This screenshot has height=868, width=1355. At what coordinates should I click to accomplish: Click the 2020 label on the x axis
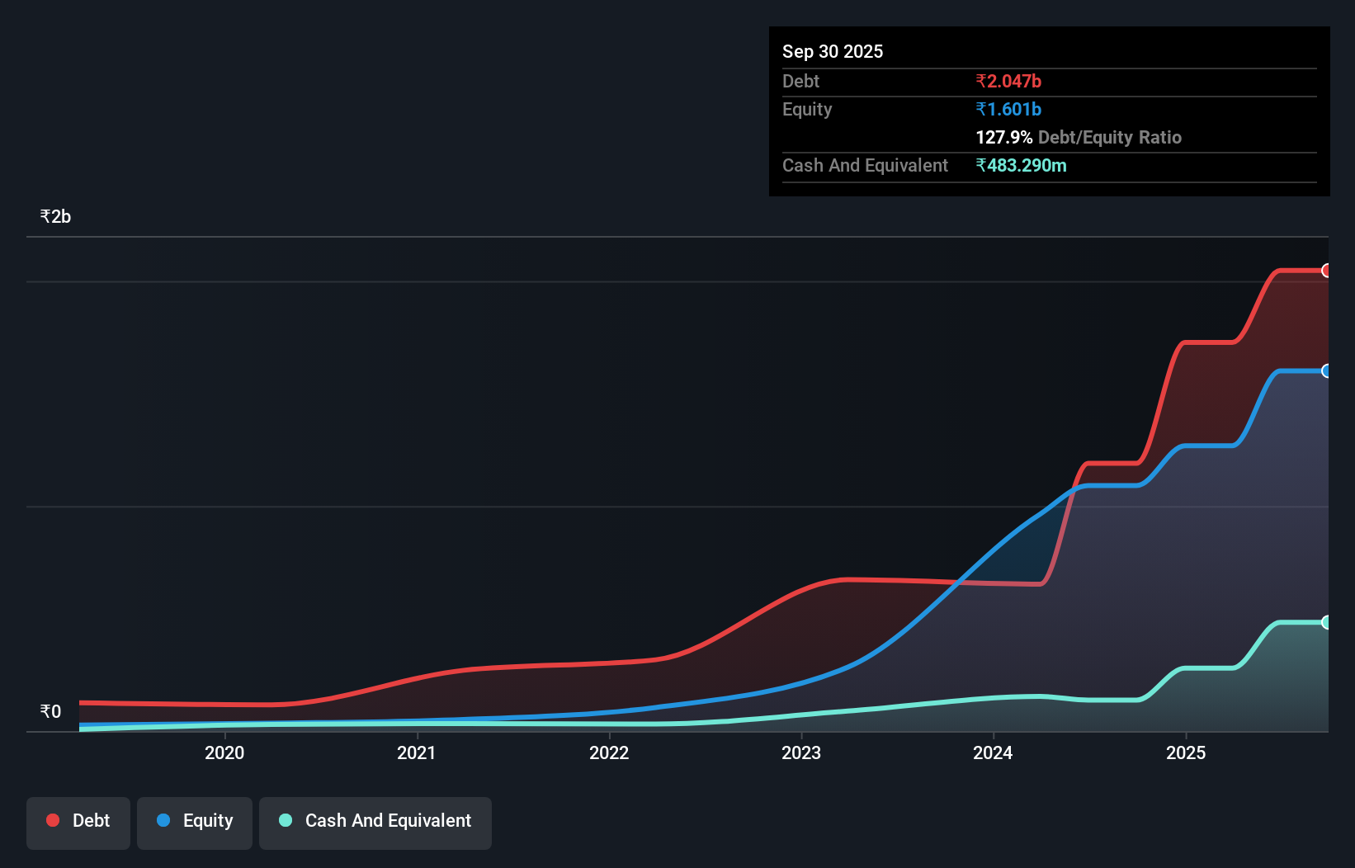point(224,752)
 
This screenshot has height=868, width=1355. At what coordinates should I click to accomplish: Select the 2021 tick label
point(417,752)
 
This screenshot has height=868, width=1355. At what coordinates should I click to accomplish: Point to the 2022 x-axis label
point(609,752)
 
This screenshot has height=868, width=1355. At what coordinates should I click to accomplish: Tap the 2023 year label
point(801,752)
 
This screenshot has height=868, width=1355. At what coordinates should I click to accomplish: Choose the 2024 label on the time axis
point(993,752)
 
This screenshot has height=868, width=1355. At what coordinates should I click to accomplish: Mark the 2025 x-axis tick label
point(1186,752)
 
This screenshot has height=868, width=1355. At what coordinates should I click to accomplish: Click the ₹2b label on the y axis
point(55,217)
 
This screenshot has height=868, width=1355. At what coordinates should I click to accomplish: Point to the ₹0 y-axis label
point(50,711)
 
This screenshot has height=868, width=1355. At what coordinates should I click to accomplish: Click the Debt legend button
point(78,821)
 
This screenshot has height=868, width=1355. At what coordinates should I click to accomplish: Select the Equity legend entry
point(195,821)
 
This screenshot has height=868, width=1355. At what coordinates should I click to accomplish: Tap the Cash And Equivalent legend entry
point(375,821)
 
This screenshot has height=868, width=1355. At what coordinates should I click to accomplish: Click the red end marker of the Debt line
point(1327,271)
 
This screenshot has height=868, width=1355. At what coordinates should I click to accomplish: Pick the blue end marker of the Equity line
point(1327,371)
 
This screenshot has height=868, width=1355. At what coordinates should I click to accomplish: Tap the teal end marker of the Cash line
point(1327,622)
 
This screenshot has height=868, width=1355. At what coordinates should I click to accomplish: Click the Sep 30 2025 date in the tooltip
point(833,51)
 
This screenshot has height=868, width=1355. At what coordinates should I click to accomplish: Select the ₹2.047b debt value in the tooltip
point(1008,81)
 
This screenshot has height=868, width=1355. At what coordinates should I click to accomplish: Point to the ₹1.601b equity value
point(1008,109)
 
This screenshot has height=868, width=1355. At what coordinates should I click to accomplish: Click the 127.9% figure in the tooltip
point(1003,137)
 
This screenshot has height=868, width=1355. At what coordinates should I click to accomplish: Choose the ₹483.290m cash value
point(1021,165)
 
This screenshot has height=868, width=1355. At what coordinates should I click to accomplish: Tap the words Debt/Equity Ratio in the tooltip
point(1110,137)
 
